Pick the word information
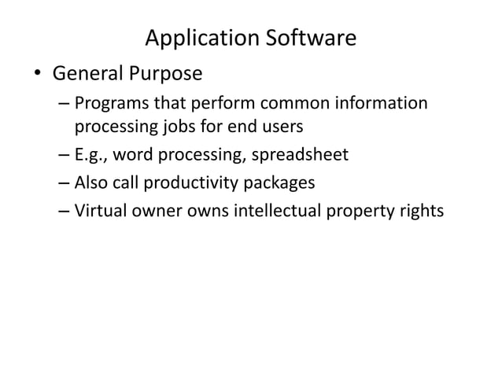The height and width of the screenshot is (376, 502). (x=384, y=104)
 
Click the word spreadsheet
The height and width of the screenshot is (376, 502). (x=302, y=155)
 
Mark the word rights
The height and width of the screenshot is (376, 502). (x=421, y=212)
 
